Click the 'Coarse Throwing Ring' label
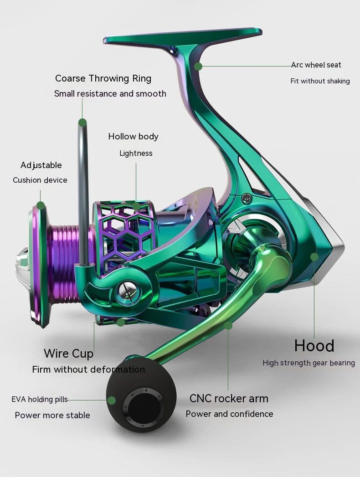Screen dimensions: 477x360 [103, 78]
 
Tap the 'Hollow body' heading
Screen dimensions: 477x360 [133, 136]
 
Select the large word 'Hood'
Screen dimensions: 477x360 [314, 346]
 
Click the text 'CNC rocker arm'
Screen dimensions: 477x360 [229, 398]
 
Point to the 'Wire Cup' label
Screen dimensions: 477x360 [68, 354]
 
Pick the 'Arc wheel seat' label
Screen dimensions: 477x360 [316, 65]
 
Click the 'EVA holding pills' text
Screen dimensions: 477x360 [40, 400]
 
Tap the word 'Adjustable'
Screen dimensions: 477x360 [41, 165]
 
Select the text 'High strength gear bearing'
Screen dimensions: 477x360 [309, 363]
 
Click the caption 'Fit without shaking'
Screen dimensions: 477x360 [320, 81]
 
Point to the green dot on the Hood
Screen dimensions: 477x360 [314, 257]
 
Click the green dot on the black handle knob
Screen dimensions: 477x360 [112, 400]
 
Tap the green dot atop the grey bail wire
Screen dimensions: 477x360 [82, 122]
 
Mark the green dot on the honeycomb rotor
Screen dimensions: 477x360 [136, 206]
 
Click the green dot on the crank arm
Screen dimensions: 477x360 [228, 326]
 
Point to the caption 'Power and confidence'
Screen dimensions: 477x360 [229, 414]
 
